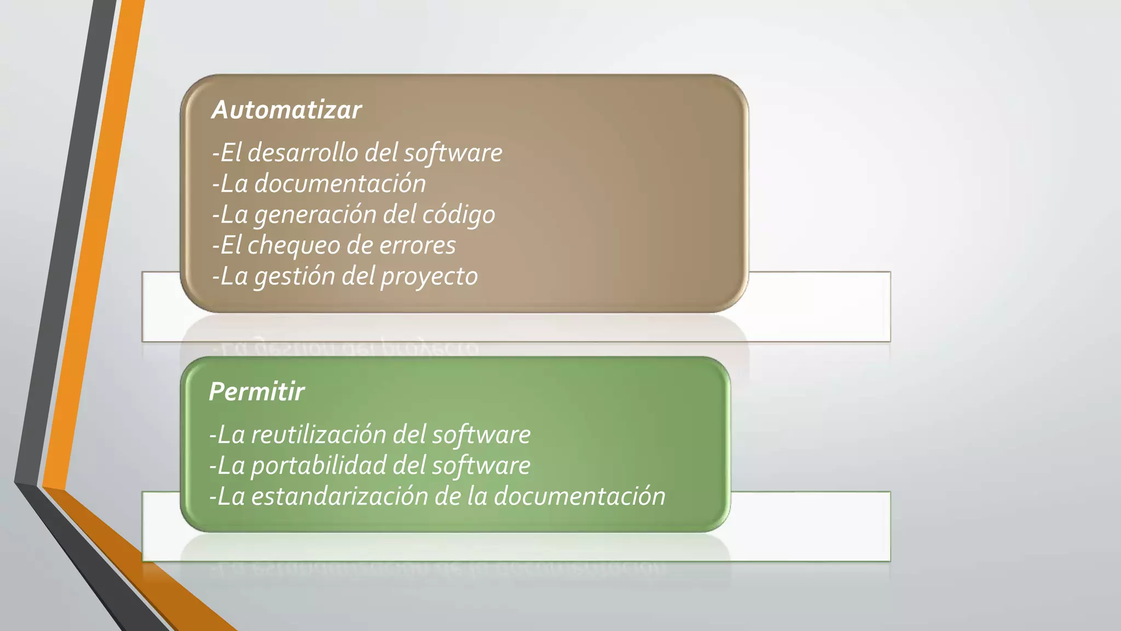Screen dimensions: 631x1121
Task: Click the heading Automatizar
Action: [286, 110]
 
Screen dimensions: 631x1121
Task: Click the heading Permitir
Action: [257, 392]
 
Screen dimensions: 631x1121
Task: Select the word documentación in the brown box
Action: [340, 183]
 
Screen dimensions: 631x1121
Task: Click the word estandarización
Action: [339, 496]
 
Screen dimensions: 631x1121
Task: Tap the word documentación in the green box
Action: [580, 496]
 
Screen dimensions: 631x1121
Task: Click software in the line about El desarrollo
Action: [453, 153]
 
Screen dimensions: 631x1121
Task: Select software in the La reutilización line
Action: [481, 435]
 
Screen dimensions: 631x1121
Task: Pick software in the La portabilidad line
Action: [481, 466]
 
